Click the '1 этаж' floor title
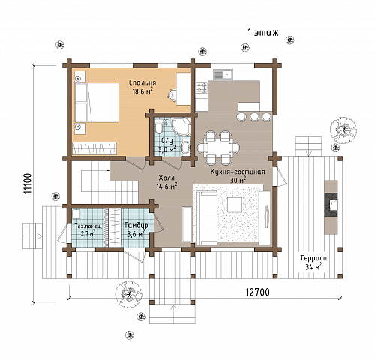262,33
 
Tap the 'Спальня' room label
142,83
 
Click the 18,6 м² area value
142,91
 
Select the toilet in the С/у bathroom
158,126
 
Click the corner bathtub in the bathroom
181,127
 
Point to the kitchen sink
223,74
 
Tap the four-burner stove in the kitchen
202,88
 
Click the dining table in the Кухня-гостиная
219,147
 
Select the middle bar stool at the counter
255,116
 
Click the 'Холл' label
166,178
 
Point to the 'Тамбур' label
136,226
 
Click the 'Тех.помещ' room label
88,226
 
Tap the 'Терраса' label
313,258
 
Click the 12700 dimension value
257,292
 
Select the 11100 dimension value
28,184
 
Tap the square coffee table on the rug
235,205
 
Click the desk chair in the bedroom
172,95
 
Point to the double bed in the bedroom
97,103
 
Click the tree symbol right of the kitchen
343,130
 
